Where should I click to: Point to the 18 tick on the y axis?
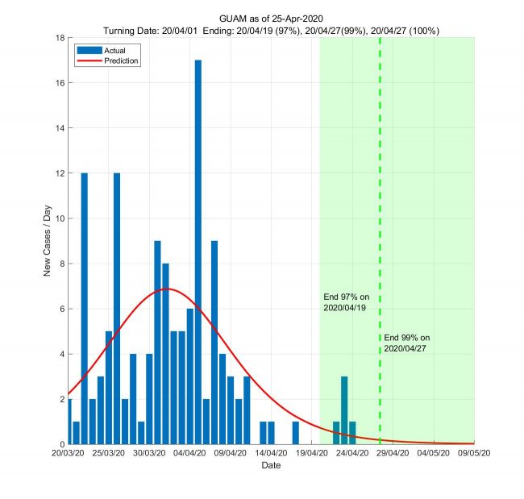coord(60,38)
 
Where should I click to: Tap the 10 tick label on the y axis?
coord(60,218)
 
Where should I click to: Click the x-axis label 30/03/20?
coord(148,454)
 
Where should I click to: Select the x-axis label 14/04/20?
coord(271,454)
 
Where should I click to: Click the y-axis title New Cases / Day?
coord(47,241)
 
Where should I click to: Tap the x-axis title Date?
coord(271,466)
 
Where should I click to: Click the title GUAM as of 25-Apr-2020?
coord(271,18)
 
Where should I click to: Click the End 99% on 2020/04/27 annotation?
coord(406,343)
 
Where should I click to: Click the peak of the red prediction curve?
coord(166,289)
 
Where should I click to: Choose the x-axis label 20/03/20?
coord(68,454)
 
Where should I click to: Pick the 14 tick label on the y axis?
coord(60,128)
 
